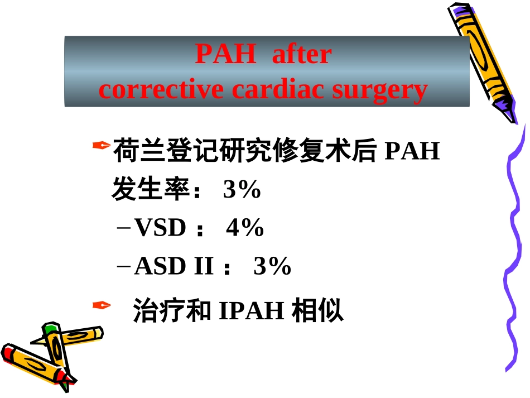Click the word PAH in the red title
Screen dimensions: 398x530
point(225,55)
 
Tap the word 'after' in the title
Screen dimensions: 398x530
point(302,55)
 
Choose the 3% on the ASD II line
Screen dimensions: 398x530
point(272,267)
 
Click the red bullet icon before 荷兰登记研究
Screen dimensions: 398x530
point(100,146)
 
